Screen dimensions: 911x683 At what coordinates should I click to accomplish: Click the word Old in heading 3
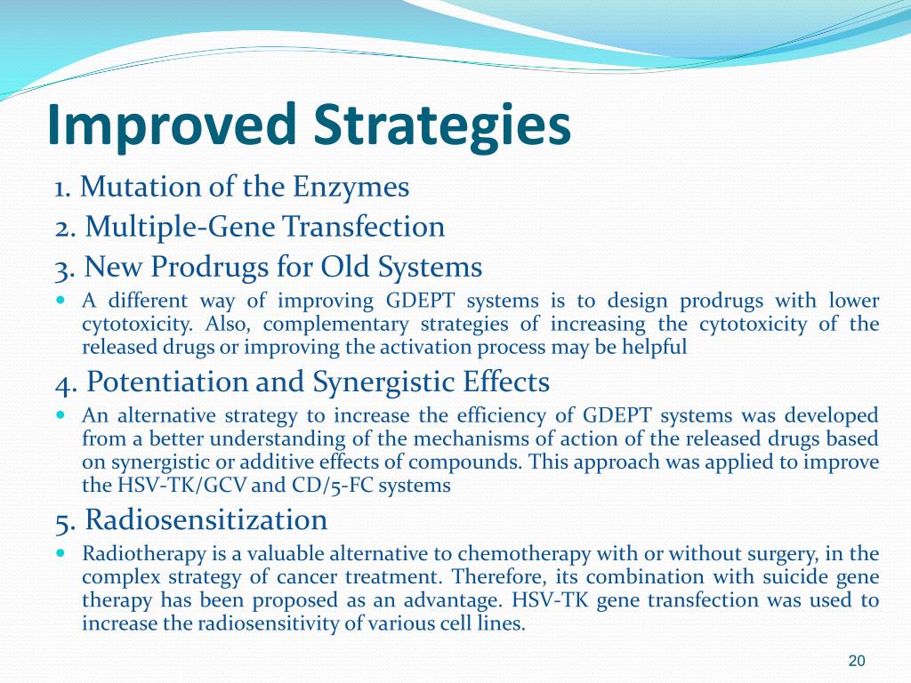pos(346,267)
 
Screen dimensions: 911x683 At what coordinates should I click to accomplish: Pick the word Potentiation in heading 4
pos(166,382)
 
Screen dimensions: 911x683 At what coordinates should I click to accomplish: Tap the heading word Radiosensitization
pos(206,519)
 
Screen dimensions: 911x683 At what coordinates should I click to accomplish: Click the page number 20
pos(857,661)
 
